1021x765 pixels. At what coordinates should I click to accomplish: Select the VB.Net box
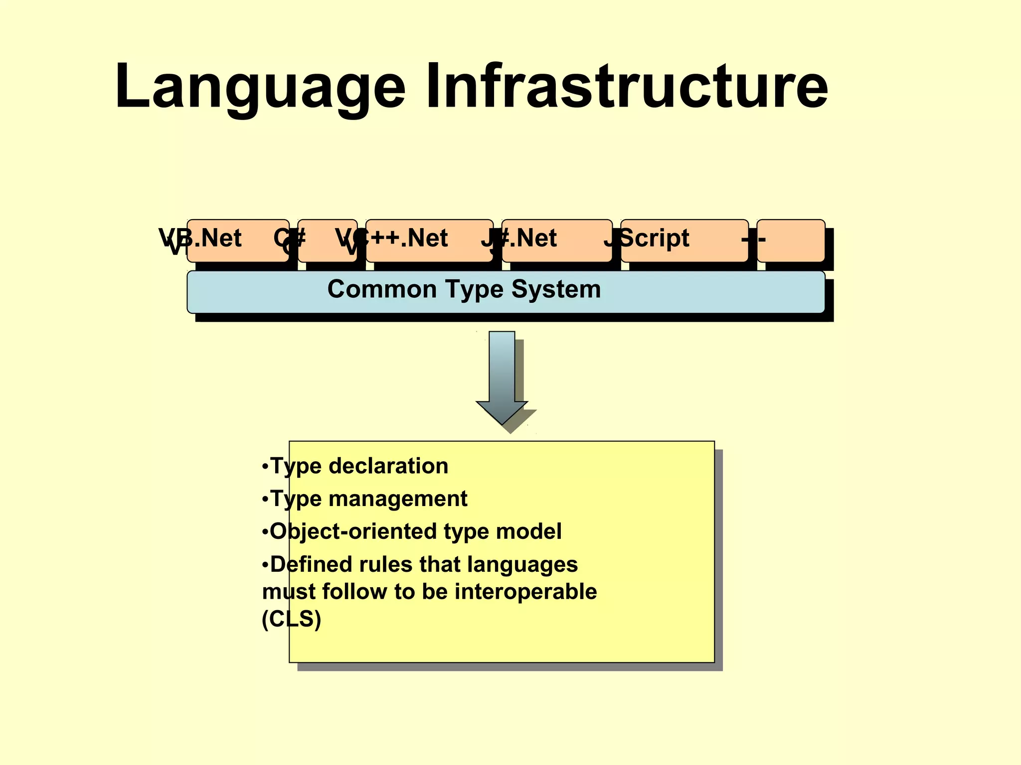(x=238, y=241)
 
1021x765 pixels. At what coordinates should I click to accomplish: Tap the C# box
(x=328, y=241)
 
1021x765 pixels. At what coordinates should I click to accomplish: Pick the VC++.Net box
(x=429, y=241)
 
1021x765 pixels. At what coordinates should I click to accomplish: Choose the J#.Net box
(x=557, y=241)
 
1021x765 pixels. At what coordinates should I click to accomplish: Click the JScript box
(x=684, y=241)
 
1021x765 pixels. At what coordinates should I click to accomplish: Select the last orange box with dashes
(x=791, y=241)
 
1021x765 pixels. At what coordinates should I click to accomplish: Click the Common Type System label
(x=464, y=289)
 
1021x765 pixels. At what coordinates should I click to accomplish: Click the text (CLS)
(x=292, y=619)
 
